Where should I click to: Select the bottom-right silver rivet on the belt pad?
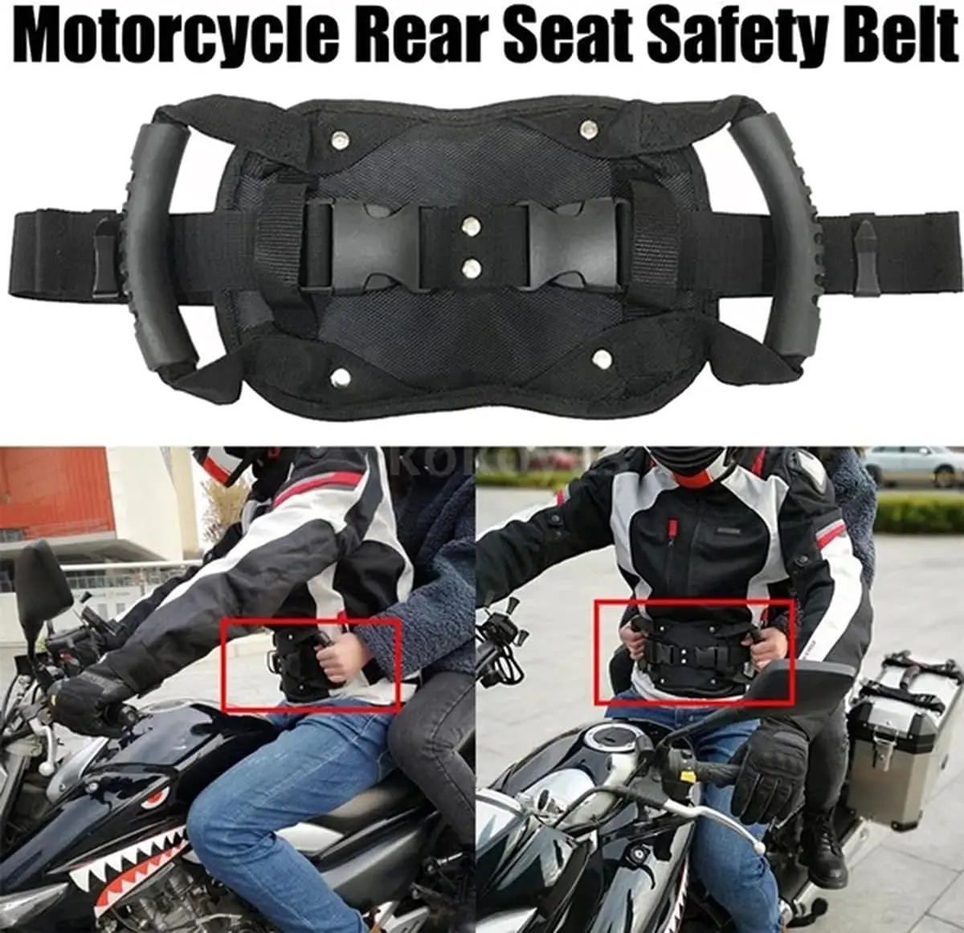(600, 354)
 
